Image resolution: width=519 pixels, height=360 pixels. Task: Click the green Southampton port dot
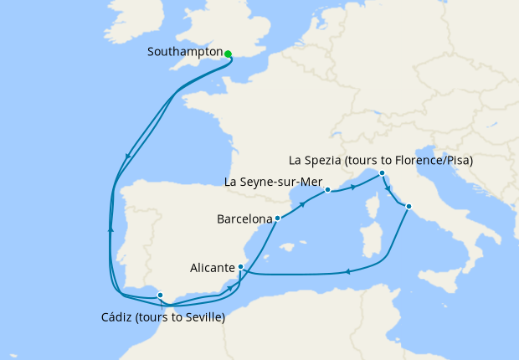pos(228,54)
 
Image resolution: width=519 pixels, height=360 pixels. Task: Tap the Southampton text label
pos(185,52)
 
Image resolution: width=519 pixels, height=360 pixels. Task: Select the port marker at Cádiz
pos(161,296)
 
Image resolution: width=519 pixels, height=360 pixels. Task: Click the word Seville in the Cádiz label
pos(201,317)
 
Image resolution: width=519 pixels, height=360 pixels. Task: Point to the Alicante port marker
pos(241,268)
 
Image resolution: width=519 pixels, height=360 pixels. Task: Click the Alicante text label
pos(211,270)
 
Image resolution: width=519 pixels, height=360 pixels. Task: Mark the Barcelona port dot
pos(277,219)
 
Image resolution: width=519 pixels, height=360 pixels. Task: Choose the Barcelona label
pos(244,220)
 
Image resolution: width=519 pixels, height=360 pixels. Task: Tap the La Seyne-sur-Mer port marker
pos(328,190)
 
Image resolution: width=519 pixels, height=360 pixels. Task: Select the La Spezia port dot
pos(382,173)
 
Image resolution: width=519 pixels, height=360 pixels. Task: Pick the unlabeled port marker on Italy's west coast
pos(409,206)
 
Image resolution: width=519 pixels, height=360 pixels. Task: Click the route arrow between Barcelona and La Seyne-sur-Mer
pos(301,203)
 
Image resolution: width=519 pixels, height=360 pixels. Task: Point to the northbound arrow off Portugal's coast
pos(111,227)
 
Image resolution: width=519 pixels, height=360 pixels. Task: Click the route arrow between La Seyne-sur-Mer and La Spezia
pos(353,186)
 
